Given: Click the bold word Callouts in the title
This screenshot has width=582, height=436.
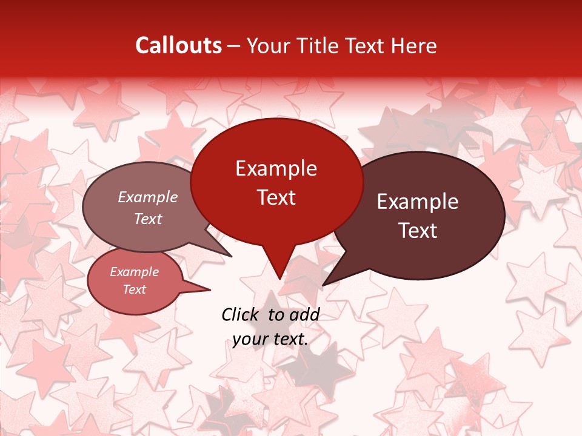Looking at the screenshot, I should click(x=178, y=45).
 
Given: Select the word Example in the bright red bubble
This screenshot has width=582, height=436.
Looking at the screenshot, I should click(x=276, y=168).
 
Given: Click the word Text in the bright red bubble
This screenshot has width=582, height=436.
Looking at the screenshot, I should click(x=276, y=197).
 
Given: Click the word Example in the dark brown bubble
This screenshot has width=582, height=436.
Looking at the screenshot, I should click(x=418, y=202).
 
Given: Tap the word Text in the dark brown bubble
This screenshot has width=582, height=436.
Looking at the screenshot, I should click(x=418, y=231).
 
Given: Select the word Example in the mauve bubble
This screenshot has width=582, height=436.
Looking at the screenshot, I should click(x=147, y=197).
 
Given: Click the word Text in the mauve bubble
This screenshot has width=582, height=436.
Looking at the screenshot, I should click(x=147, y=219).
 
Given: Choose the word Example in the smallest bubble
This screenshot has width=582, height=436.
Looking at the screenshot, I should click(x=134, y=272).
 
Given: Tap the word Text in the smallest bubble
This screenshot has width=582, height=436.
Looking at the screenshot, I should click(x=134, y=289).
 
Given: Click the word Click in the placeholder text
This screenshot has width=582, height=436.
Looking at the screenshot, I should click(x=240, y=314).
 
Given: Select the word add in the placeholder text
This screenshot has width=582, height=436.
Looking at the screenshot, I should click(x=305, y=314).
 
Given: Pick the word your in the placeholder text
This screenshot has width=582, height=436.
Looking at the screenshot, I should click(x=250, y=339).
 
